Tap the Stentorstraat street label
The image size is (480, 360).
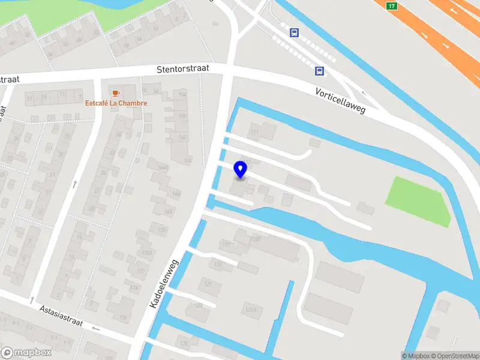pyautogui.click(x=183, y=69)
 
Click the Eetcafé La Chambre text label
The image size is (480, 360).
pyautogui.click(x=116, y=103)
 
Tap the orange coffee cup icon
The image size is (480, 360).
pyautogui.click(x=116, y=92)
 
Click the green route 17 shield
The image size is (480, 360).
pyautogui.click(x=392, y=6)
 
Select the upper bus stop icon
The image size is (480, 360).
pyautogui.click(x=294, y=32)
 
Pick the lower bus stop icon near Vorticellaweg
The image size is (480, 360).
pyautogui.click(x=320, y=71)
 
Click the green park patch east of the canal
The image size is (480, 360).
pyautogui.click(x=418, y=200)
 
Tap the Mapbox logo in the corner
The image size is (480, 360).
pyautogui.click(x=26, y=353)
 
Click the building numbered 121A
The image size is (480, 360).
pyautogui.click(x=251, y=309)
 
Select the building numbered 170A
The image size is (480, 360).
pyautogui.click(x=146, y=253)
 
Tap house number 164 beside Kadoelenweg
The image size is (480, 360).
pyautogui.click(x=188, y=160)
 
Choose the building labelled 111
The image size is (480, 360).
pyautogui.click(x=254, y=132)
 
